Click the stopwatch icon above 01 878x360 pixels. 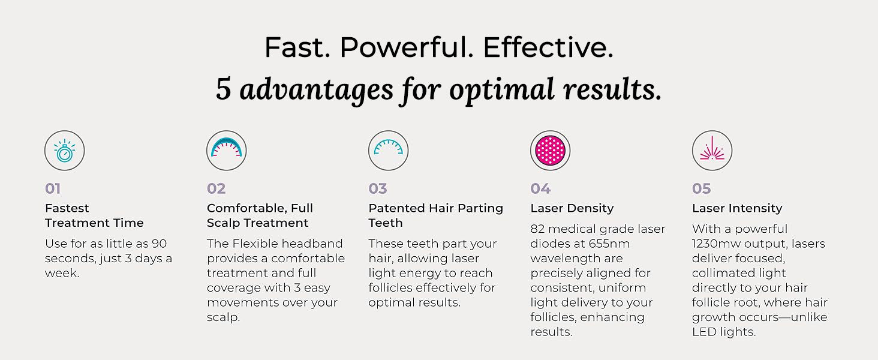point(65,151)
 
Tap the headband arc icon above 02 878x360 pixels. point(227,146)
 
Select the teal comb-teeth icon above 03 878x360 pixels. point(388,146)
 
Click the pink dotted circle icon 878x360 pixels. point(551,151)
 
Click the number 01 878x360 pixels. point(53,188)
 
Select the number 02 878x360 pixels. point(217,188)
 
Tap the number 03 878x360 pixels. point(378,188)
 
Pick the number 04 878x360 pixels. point(540,188)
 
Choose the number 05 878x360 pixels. point(702,188)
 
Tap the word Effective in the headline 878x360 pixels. point(548,47)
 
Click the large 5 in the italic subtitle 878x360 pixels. point(223,89)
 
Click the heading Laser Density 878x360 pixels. point(572,208)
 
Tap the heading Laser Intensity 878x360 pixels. point(737,208)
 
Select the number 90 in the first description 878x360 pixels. point(159,244)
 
